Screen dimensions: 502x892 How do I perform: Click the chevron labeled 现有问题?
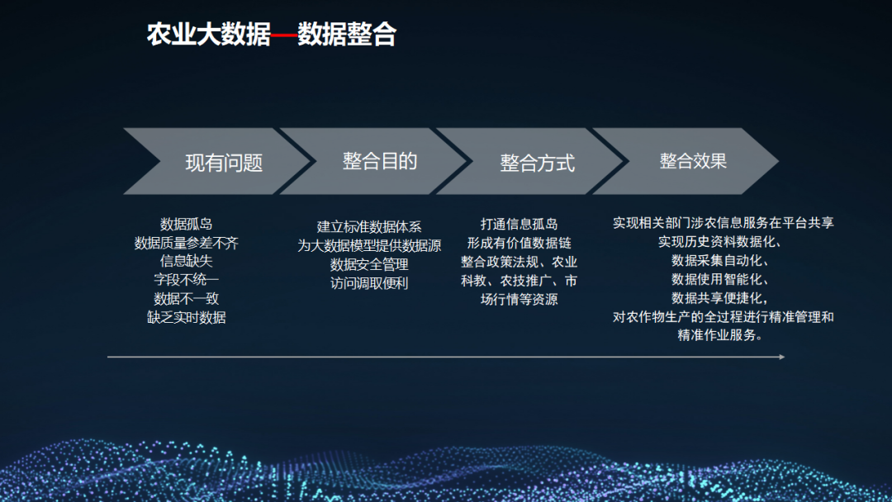[x=223, y=162]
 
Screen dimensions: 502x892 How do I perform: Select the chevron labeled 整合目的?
[x=379, y=161]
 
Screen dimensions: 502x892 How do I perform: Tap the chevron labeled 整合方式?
[x=536, y=162]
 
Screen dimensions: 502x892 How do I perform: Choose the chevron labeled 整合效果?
[x=693, y=161]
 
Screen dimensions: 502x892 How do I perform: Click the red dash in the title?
[x=284, y=36]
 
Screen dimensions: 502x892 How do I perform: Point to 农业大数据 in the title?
[x=208, y=35]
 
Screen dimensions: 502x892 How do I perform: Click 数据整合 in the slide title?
[x=347, y=35]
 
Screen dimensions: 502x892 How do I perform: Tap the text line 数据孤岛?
[x=187, y=224]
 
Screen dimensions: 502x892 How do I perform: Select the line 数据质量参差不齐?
[x=187, y=243]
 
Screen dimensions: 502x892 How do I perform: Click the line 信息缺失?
[x=187, y=262]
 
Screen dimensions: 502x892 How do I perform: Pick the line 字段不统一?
[x=187, y=280]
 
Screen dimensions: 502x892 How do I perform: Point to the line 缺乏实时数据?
[x=187, y=317]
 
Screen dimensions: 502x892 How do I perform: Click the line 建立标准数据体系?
[x=369, y=226]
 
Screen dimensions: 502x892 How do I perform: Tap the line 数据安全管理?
[x=369, y=264]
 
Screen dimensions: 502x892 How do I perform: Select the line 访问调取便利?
[x=369, y=283]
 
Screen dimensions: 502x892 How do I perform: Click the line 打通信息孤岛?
[x=519, y=224]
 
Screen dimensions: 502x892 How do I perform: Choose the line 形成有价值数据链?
[x=519, y=243]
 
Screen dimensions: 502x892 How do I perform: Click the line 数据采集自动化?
[x=721, y=261]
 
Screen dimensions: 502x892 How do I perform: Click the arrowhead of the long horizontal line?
[x=780, y=357]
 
